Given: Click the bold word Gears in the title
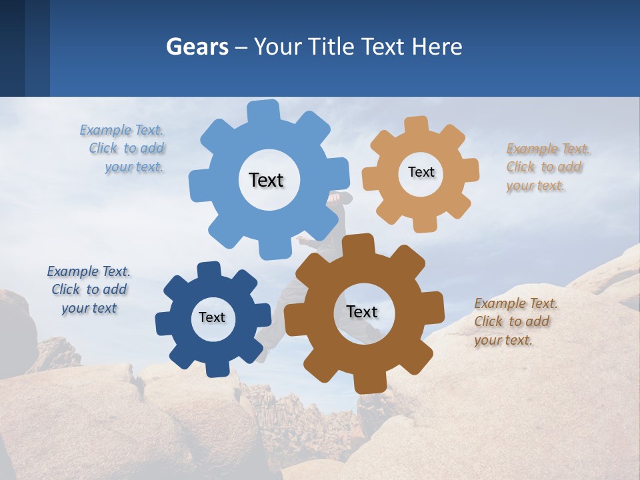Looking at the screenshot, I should [x=197, y=47].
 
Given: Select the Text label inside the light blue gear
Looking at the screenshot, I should [x=266, y=180].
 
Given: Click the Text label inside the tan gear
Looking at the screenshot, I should [x=421, y=172].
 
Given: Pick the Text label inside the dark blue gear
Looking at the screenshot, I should [x=212, y=317].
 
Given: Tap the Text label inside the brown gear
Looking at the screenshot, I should [x=362, y=311].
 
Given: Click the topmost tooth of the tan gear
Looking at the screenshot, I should [x=417, y=126].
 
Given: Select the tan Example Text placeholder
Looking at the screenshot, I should [x=547, y=167].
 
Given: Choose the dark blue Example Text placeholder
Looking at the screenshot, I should [x=89, y=290].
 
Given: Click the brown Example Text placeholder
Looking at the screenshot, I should [x=515, y=322].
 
